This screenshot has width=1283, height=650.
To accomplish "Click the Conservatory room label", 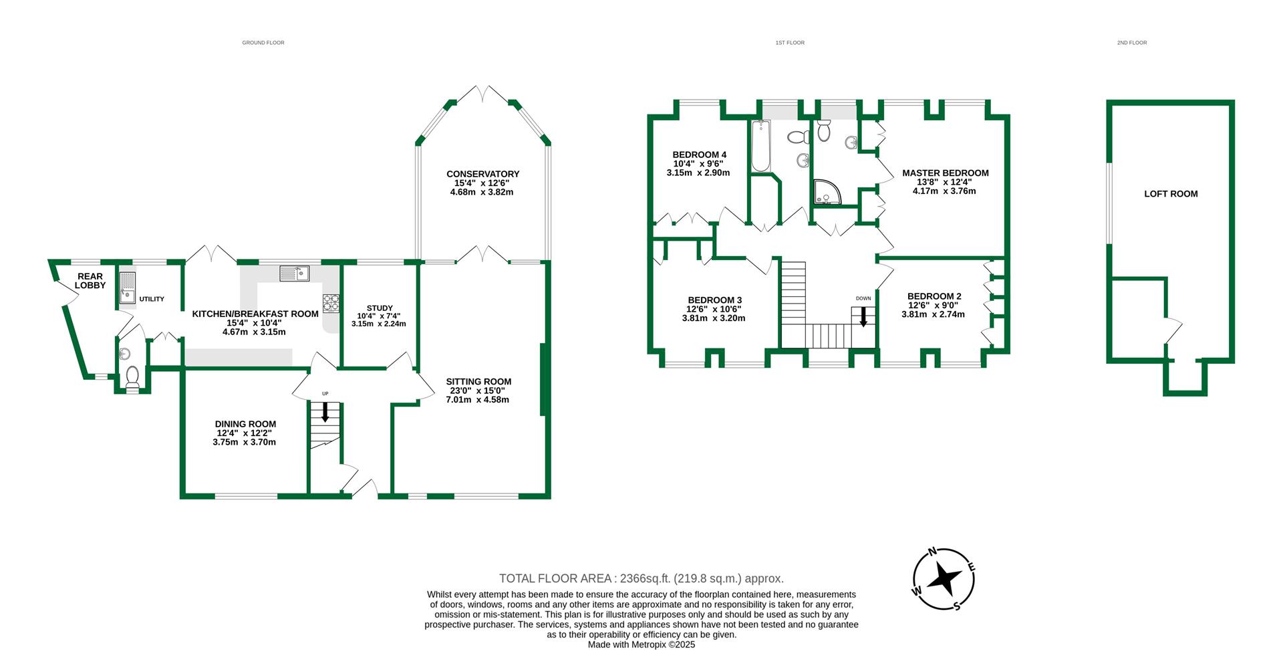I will [x=482, y=174].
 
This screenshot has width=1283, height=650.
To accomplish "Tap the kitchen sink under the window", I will [x=294, y=273].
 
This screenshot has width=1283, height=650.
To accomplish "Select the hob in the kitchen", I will [x=331, y=304].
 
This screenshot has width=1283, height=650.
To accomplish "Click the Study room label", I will [x=379, y=308].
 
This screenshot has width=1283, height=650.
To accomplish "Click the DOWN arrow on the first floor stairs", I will [x=863, y=316].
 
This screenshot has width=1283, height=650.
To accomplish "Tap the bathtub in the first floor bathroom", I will [x=760, y=147].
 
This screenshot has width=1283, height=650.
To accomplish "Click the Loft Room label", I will [x=1171, y=194].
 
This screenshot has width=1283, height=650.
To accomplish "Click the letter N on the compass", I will [x=932, y=552].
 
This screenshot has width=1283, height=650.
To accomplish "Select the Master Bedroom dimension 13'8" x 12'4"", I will [x=945, y=182].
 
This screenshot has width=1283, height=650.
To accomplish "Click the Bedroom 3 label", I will [x=714, y=300].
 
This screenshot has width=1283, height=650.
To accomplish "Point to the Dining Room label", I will [x=245, y=424].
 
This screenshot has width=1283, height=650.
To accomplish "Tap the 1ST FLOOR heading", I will [x=790, y=43].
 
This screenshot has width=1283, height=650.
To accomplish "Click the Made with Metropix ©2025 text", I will [x=641, y=645].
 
